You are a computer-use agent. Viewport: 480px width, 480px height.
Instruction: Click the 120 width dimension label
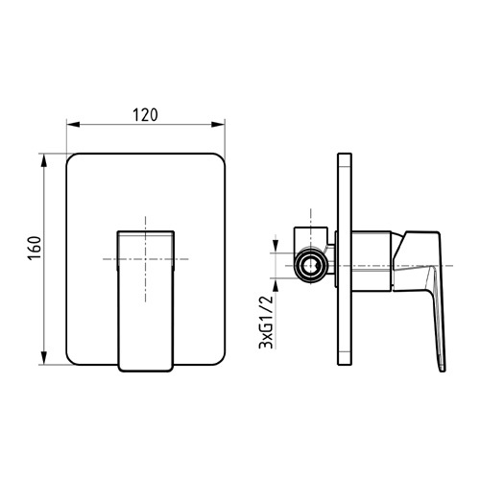pyautogui.click(x=145, y=115)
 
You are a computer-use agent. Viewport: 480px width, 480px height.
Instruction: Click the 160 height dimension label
pyautogui.click(x=35, y=248)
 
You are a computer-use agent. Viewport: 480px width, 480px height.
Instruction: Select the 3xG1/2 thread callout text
pyautogui.click(x=266, y=323)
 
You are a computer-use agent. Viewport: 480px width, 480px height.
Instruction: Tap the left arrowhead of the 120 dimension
pyautogui.click(x=73, y=124)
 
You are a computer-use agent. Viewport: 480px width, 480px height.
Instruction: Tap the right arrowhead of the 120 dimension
pyautogui.click(x=218, y=124)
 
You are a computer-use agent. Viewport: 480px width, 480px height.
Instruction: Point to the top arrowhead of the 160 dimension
pyautogui.click(x=44, y=160)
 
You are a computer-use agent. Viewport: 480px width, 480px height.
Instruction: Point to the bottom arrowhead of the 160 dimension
pyautogui.click(x=44, y=358)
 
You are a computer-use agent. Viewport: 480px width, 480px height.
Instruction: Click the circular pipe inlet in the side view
pyautogui.click(x=311, y=266)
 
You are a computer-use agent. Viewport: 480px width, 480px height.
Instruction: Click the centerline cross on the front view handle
pyautogui.click(x=145, y=259)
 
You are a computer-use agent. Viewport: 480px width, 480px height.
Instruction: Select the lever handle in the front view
pyautogui.click(x=146, y=300)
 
